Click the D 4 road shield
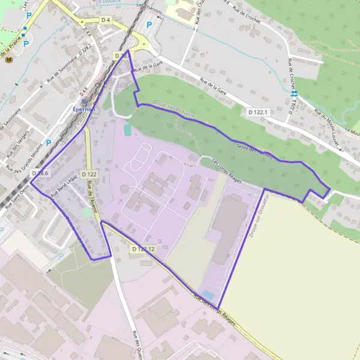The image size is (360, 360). [x=106, y=20]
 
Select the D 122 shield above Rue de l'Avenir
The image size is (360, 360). [x=89, y=175]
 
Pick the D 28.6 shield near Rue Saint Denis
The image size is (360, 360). [x=39, y=173]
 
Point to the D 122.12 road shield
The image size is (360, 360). [x=143, y=248]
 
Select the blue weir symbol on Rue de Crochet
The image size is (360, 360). [x=294, y=94]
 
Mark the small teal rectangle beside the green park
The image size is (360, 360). [x=127, y=129]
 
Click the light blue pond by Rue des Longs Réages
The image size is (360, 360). [x=208, y=294]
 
